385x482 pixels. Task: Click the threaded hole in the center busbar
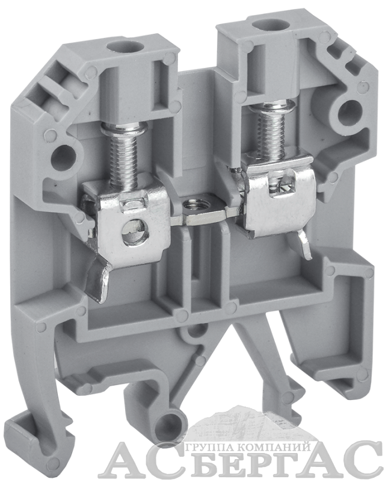tap(192, 204)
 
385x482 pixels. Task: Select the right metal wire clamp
tap(273, 198)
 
